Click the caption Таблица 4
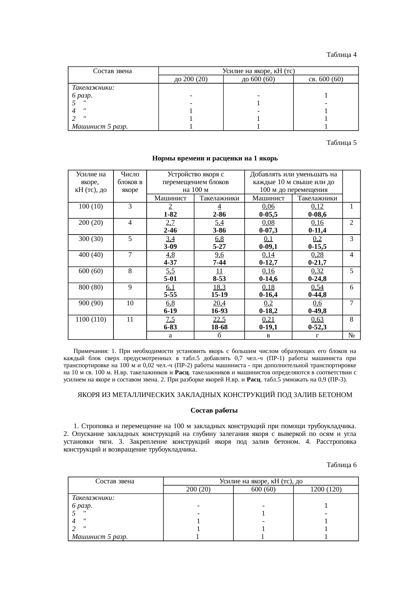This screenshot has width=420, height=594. tap(341, 54)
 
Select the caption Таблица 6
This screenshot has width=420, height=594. tap(341, 465)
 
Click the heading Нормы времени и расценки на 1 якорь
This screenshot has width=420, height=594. tap(215, 158)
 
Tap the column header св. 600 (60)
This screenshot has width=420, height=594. tap(326, 79)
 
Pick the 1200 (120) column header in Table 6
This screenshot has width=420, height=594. tap(326, 489)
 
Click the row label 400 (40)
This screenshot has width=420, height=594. tap(91, 255)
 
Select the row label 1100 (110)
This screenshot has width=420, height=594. tap(91, 319)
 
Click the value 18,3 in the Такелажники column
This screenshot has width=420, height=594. tap(219, 287)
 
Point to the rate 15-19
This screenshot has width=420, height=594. tap(219, 294)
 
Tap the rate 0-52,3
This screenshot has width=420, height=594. tap(317, 327)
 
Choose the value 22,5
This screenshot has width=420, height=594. tap(219, 319)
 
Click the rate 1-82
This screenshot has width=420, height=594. tap(170, 214)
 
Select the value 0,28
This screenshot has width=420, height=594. tap(317, 255)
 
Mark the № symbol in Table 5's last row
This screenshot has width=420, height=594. tap(351, 335)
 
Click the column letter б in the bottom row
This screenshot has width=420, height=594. tap(219, 335)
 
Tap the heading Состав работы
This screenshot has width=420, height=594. tap(214, 411)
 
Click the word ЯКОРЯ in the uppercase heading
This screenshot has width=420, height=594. tap(89, 395)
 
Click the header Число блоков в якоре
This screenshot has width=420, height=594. tap(130, 182)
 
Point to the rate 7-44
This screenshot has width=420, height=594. tap(219, 262)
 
